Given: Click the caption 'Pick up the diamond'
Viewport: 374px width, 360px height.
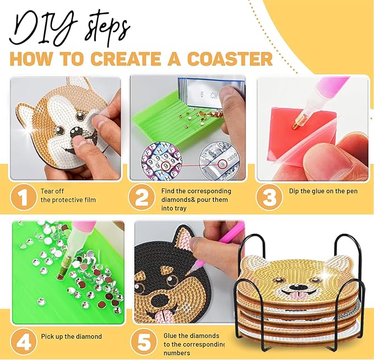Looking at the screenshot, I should pos(71,336).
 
